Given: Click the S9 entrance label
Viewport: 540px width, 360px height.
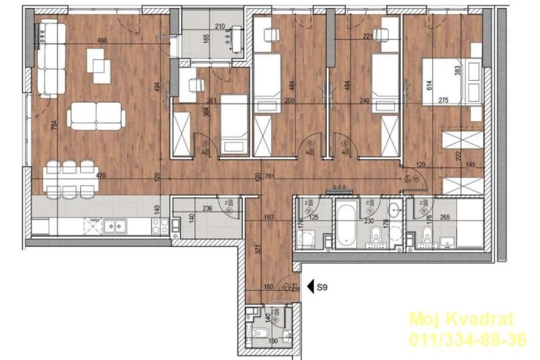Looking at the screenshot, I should [x=322, y=288].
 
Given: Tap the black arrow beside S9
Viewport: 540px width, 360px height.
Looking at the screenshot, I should [x=310, y=288].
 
